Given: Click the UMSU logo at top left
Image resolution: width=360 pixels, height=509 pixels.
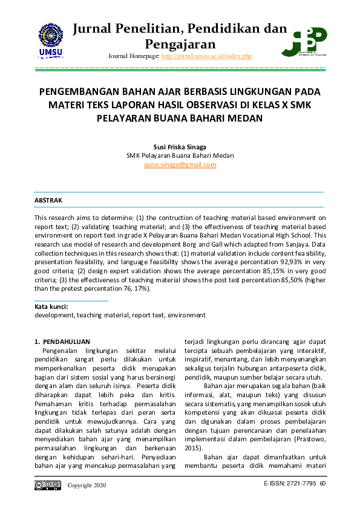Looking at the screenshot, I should click(x=51, y=41).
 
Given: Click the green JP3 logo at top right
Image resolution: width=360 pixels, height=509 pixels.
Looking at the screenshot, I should click(x=308, y=41).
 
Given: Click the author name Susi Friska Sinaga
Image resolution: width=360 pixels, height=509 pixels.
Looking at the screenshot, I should click(x=180, y=146).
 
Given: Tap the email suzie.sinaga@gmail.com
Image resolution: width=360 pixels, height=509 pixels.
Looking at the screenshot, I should click(x=180, y=164).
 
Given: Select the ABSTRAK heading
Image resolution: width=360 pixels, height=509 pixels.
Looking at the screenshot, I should click(x=48, y=199).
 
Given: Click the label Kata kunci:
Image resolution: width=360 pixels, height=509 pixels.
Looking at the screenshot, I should click(x=50, y=307).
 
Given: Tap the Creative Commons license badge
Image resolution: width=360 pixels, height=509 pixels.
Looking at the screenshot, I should click(x=48, y=485).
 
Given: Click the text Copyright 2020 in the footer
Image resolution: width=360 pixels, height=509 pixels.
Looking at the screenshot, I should click(x=87, y=485).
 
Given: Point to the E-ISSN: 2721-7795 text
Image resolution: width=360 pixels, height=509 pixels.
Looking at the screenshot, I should click(x=290, y=484).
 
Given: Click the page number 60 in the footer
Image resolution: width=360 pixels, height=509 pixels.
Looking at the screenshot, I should click(x=323, y=484).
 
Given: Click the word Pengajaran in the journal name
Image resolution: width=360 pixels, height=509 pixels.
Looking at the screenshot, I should click(x=180, y=44).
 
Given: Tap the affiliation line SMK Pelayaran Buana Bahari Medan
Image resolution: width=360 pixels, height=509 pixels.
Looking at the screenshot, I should click(x=180, y=155).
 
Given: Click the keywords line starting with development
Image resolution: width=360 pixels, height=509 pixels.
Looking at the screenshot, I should click(x=120, y=315).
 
